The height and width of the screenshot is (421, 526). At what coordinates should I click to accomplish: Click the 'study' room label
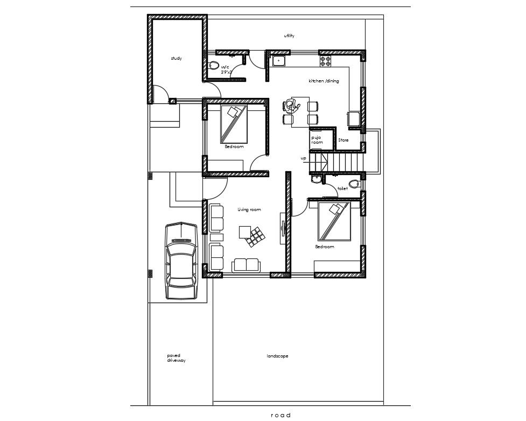coord(176,58)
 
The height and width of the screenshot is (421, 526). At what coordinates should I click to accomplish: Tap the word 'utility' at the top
coord(289,36)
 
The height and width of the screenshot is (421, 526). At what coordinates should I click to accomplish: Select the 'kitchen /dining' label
coord(324,81)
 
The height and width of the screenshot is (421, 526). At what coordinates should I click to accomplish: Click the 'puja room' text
coord(317,140)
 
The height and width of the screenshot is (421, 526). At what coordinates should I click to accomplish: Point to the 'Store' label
coord(343,140)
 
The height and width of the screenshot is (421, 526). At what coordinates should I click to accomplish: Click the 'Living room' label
coord(249,209)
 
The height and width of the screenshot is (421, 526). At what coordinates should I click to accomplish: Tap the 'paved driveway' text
coord(176,358)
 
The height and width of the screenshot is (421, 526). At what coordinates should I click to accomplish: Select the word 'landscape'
coord(277,356)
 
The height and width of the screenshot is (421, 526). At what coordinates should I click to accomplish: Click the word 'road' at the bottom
coord(280,415)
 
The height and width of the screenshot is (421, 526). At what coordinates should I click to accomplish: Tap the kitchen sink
coord(278,61)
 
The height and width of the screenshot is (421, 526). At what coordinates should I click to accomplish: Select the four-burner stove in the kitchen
coord(325,61)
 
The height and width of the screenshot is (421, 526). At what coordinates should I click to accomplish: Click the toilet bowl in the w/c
coord(214,65)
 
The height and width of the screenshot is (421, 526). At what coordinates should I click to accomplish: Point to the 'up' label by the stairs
coord(303,158)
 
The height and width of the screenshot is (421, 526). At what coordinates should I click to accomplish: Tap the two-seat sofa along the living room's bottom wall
coord(246,265)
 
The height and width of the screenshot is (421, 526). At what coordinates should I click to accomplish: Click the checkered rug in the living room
coord(255,237)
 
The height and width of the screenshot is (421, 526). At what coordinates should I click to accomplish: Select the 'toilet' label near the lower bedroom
coord(342,188)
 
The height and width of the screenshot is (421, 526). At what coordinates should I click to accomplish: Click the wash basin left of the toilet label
coord(316,179)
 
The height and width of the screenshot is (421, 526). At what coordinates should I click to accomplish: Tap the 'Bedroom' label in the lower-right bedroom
coord(325,247)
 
